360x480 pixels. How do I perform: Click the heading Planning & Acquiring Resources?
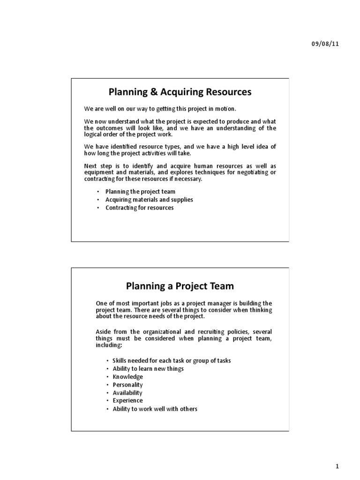pyautogui.click(x=180, y=92)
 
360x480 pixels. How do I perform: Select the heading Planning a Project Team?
pyautogui.click(x=180, y=285)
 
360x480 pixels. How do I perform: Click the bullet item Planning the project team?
pyautogui.click(x=140, y=192)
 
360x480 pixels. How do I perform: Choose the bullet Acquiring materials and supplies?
pyautogui.click(x=149, y=200)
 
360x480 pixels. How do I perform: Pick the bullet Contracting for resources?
pyautogui.click(x=139, y=208)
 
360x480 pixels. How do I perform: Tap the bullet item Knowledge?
pyautogui.click(x=127, y=377)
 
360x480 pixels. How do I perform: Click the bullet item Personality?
pyautogui.click(x=127, y=385)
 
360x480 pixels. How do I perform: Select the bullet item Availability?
pyautogui.click(x=127, y=393)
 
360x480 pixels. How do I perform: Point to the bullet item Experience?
pyautogui.click(x=127, y=401)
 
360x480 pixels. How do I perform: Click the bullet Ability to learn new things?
pyautogui.click(x=148, y=369)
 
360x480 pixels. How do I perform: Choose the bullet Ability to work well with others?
pyautogui.click(x=155, y=409)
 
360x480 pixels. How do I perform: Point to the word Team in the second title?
pyautogui.click(x=221, y=285)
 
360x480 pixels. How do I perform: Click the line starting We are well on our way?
pyautogui.click(x=157, y=109)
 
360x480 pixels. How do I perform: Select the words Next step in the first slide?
pyautogui.click(x=96, y=166)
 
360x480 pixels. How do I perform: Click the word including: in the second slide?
pyautogui.click(x=109, y=345)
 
